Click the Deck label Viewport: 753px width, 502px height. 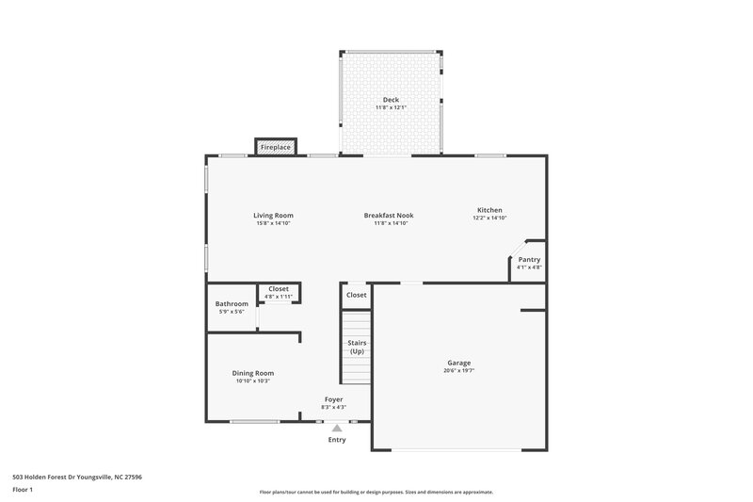[391, 100]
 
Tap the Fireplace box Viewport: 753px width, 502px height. [276, 148]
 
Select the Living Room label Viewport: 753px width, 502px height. [273, 215]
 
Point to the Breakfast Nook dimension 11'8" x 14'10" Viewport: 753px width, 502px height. [389, 223]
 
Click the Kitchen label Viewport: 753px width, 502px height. [489, 209]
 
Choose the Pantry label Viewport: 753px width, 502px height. [529, 259]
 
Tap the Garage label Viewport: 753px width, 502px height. [459, 363]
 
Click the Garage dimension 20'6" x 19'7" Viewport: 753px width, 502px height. [459, 370]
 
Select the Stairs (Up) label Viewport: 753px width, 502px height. [357, 348]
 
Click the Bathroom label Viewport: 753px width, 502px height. [232, 303]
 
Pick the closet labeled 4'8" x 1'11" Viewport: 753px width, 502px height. [279, 297]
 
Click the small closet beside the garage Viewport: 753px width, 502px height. [356, 295]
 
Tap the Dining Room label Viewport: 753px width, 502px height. [253, 373]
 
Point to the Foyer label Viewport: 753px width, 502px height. [334, 399]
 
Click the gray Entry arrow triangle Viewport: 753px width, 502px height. [337, 428]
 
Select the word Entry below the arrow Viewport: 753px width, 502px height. [337, 440]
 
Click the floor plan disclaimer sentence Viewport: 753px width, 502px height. [376, 492]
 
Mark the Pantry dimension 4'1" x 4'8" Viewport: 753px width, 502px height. [529, 267]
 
